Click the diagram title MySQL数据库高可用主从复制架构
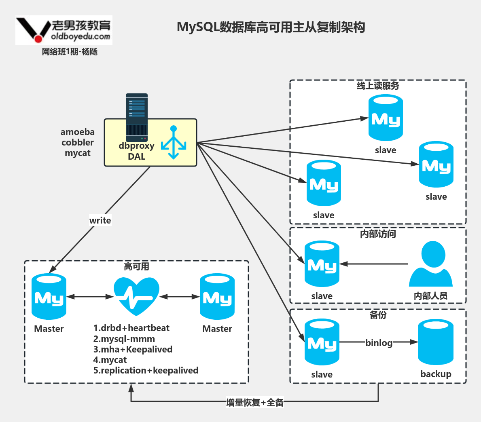[271, 27]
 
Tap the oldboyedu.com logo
[64, 30]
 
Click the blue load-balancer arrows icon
[174, 143]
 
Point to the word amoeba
[78, 132]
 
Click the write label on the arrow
[100, 220]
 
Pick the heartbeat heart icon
[136, 296]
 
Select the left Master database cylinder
[49, 297]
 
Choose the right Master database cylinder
[217, 297]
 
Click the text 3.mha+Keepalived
[133, 349]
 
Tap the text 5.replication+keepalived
[146, 370]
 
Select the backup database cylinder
[436, 342]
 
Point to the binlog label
[379, 343]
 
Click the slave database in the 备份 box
[322, 342]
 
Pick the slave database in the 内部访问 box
[322, 264]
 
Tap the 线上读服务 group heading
[378, 86]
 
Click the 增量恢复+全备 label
[255, 403]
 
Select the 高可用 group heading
[136, 266]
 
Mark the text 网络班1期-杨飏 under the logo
[70, 52]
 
